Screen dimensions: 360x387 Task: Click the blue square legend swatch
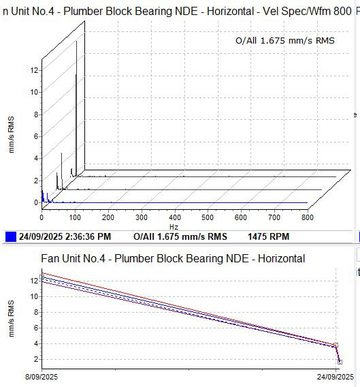[x=11, y=236]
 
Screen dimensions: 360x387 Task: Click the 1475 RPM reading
[x=268, y=236]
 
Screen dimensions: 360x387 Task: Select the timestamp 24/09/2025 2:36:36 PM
[x=65, y=236]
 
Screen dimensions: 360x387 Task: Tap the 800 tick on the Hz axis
[x=308, y=217]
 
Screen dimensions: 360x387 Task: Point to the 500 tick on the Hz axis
[x=208, y=217]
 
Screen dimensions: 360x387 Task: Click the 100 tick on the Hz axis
[x=75, y=217]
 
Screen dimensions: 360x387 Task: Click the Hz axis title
[x=174, y=227]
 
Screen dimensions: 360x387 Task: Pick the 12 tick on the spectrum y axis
[x=34, y=70]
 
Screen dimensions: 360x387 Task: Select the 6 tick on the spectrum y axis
[x=36, y=136]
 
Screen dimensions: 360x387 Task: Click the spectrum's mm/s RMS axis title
[x=12, y=134]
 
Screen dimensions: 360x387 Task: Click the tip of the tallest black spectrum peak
[x=76, y=41]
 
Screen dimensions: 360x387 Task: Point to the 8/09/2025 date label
[x=42, y=377]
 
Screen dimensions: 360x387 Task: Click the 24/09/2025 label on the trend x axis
[x=336, y=377]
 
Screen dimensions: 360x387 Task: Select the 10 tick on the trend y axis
[x=34, y=296]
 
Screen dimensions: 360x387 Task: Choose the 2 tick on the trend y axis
[x=36, y=359]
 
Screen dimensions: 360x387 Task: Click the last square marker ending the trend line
[x=340, y=362]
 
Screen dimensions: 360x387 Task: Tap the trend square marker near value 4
[x=336, y=345]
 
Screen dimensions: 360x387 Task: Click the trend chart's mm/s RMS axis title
[x=12, y=319]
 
